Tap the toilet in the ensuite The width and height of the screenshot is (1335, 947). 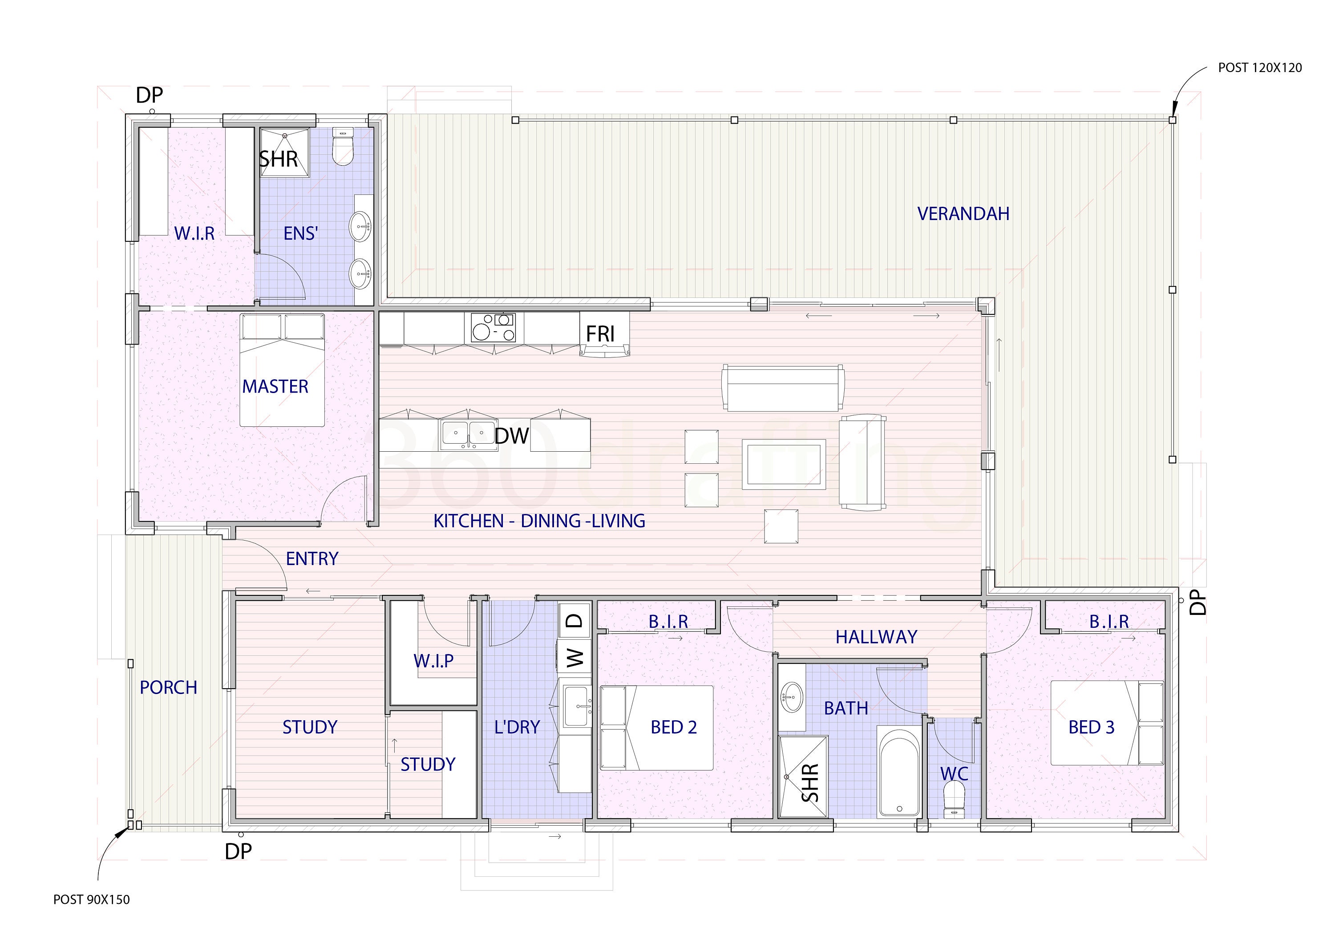pyautogui.click(x=343, y=148)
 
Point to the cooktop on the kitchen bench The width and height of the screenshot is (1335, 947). pyautogui.click(x=494, y=328)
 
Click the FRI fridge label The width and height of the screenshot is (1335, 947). pyautogui.click(x=600, y=334)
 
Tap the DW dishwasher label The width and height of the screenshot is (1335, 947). pyautogui.click(x=511, y=436)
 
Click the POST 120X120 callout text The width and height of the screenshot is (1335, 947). pyautogui.click(x=1260, y=68)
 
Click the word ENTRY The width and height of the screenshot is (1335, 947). pyautogui.click(x=311, y=558)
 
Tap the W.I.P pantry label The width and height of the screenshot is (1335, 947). pyautogui.click(x=433, y=661)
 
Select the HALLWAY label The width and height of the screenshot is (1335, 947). pyautogui.click(x=876, y=637)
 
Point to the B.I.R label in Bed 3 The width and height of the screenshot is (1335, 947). pyautogui.click(x=1108, y=622)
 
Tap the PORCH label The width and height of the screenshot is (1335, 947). pyautogui.click(x=168, y=687)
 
